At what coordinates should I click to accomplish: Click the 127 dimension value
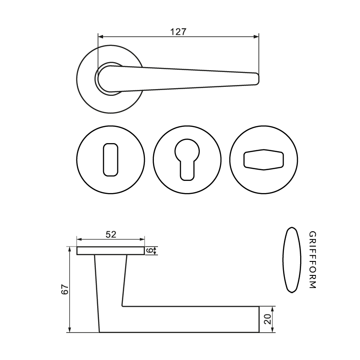coord(178,31)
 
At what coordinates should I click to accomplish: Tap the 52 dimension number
coord(111,234)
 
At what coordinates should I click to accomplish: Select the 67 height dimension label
coord(65,289)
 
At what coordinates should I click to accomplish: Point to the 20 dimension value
coord(268,319)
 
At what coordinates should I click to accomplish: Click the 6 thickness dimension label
coord(149,251)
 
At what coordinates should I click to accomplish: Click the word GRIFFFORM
coord(312,260)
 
